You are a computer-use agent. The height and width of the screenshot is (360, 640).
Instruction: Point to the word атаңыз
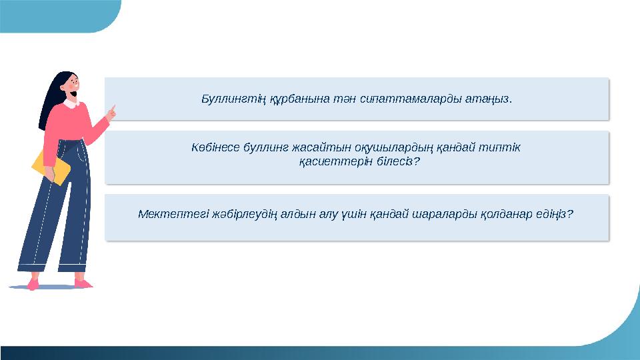point(491,99)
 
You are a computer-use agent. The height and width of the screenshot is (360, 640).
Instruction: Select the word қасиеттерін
point(327,162)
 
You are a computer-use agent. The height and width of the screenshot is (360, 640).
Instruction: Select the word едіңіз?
point(555,215)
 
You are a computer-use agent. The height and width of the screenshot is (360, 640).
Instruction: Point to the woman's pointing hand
point(111,113)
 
